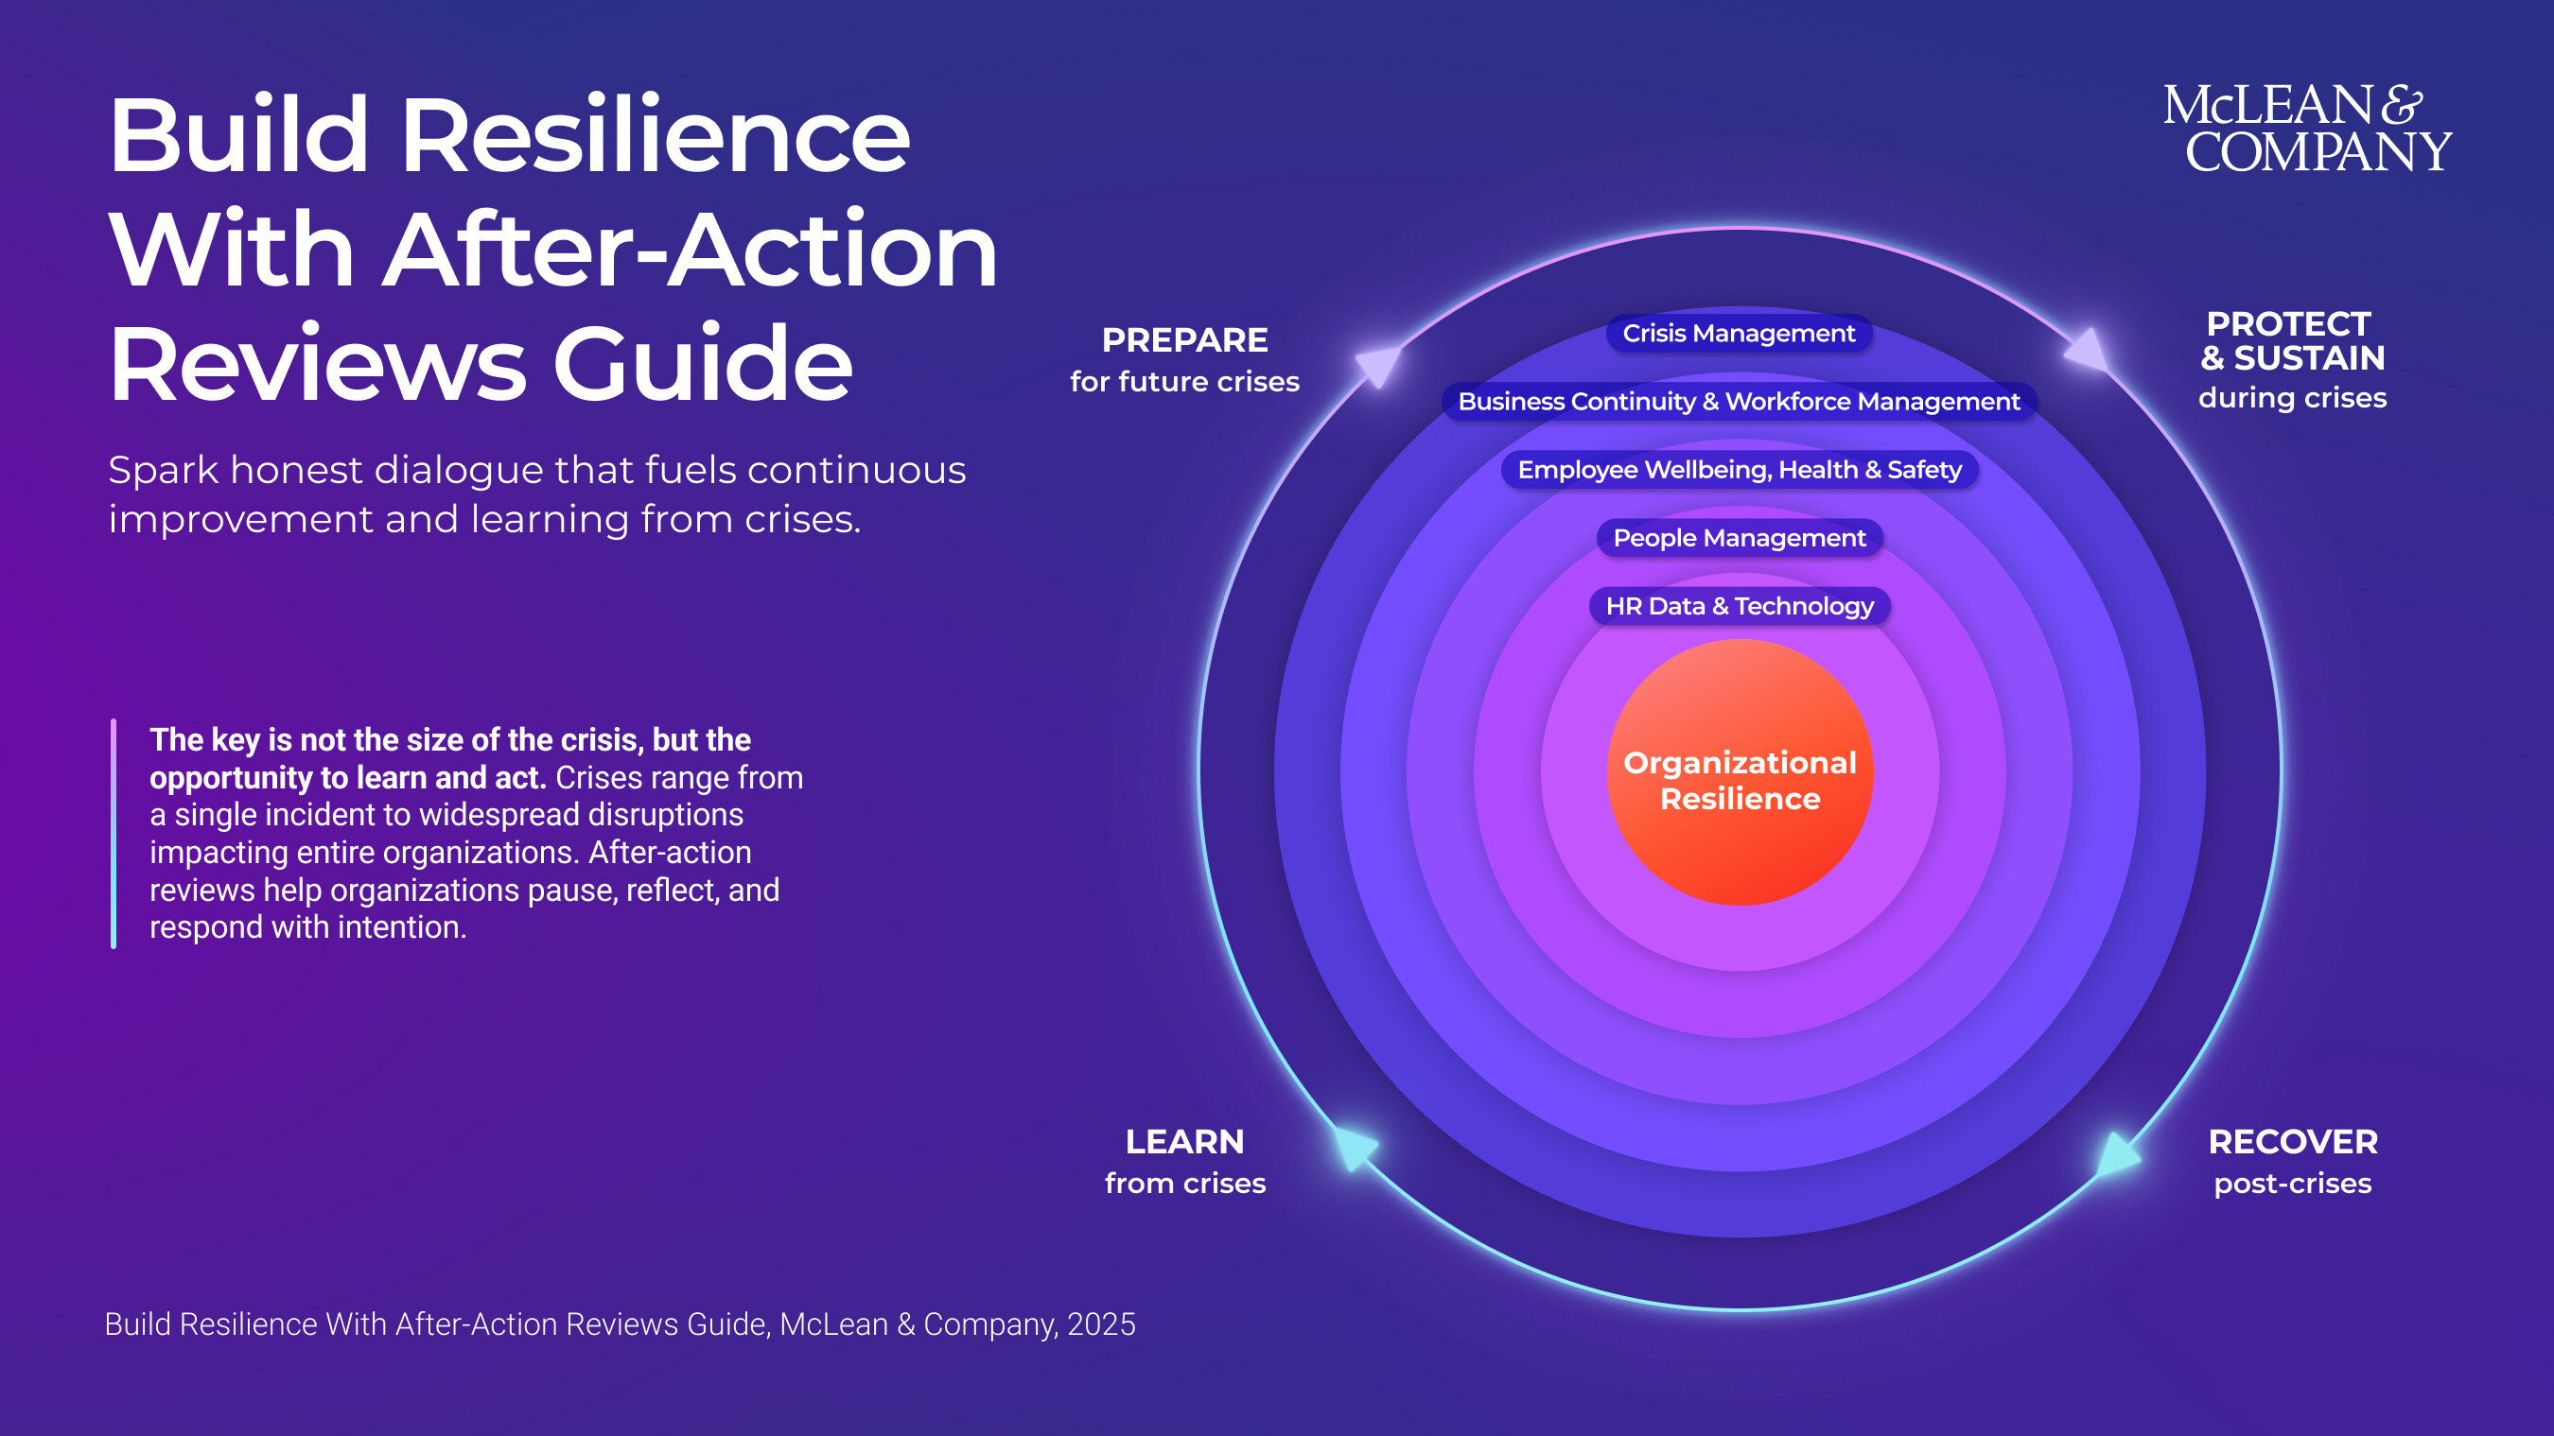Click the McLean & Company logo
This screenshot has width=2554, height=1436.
tap(2306, 129)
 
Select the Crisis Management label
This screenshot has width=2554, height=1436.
tap(1738, 334)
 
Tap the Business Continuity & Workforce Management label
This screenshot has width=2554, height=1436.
tap(1738, 402)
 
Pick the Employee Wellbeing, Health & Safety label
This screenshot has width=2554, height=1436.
tap(1739, 470)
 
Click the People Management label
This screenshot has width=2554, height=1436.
tap(1739, 538)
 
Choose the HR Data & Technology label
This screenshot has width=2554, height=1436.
tap(1739, 607)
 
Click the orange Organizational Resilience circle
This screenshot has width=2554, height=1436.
tap(1739, 773)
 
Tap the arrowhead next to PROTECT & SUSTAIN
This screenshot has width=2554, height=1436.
tap(2088, 351)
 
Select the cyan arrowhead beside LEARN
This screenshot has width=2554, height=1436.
tap(1355, 1148)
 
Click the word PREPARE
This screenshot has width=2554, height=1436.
tap(1185, 341)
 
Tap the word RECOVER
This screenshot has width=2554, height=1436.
tap(2292, 1143)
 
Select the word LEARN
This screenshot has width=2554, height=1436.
tap(1185, 1143)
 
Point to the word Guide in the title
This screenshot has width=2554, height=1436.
tap(702, 364)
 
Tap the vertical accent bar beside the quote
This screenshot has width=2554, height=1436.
tap(114, 834)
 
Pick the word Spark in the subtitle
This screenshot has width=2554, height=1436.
tap(163, 471)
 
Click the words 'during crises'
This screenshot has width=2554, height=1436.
tap(2292, 398)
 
